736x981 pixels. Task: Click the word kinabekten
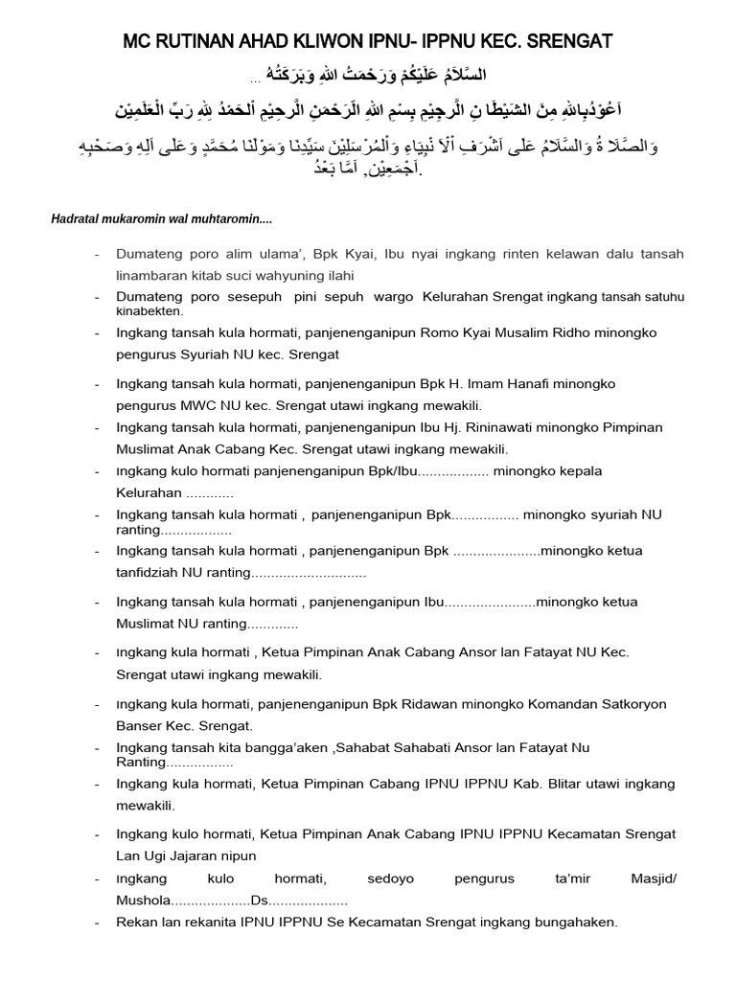coord(149,311)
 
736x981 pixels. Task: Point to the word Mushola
coord(143,901)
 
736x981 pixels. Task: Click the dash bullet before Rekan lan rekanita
coord(98,923)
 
